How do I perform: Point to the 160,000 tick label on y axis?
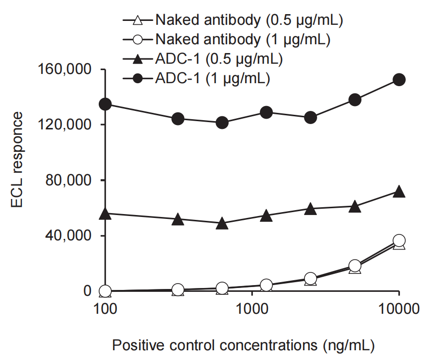click(64, 69)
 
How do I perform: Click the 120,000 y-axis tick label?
click(64, 125)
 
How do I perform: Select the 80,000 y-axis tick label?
click(68, 180)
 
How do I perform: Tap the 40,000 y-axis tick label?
click(68, 236)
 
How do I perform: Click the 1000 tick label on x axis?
click(252, 309)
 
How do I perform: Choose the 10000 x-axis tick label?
click(399, 309)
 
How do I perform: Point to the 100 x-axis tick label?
click(105, 309)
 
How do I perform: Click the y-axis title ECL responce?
click(17, 160)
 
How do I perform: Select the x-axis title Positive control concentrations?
click(215, 345)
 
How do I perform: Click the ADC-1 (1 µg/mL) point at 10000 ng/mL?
click(399, 80)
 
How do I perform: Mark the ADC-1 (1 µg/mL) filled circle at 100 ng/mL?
click(105, 104)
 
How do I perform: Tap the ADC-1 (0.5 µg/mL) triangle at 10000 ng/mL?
click(399, 192)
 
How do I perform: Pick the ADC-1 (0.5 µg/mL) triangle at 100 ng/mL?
click(105, 214)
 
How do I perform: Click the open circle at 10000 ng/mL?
click(399, 240)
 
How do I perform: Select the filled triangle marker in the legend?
click(137, 59)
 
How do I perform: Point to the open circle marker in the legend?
click(137, 40)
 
